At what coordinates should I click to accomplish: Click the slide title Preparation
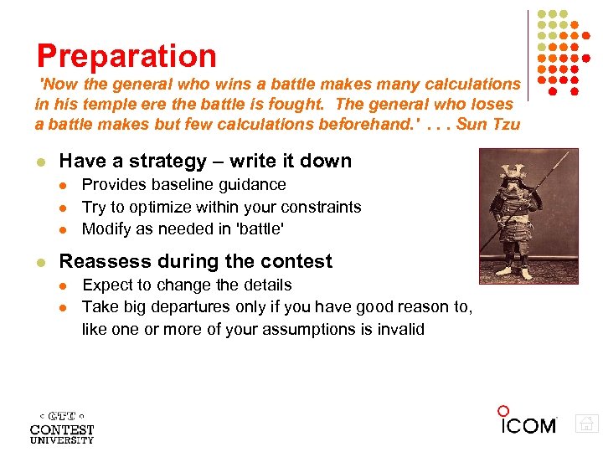(126, 56)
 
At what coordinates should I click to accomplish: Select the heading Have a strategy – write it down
(205, 161)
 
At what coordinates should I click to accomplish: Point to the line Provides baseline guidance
(183, 184)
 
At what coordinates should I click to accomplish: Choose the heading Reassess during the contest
(195, 261)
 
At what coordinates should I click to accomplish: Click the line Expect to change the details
(187, 285)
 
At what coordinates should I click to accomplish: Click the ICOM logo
(528, 423)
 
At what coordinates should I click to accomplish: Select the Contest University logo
(62, 427)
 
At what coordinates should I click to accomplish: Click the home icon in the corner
(587, 424)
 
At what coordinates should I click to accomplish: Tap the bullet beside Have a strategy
(39, 162)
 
